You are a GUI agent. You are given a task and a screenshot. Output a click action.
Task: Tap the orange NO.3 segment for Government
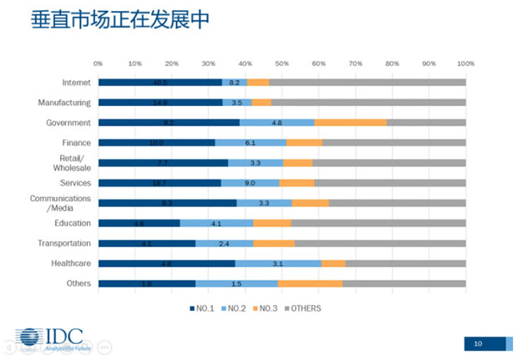point(350,123)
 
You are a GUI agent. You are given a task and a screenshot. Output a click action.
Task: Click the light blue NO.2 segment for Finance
point(251,143)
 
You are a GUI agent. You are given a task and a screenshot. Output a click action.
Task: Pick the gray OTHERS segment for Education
point(378,223)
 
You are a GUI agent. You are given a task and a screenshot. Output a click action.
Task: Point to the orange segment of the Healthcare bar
point(333,263)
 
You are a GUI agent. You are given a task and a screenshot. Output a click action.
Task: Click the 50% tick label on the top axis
point(282,63)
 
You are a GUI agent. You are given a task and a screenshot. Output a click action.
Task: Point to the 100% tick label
point(465,63)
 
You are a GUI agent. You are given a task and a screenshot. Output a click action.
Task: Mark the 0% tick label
point(98,63)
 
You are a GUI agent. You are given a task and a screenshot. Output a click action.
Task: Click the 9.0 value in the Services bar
point(250,183)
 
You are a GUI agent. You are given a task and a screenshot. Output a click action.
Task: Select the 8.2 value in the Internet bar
point(235,83)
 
